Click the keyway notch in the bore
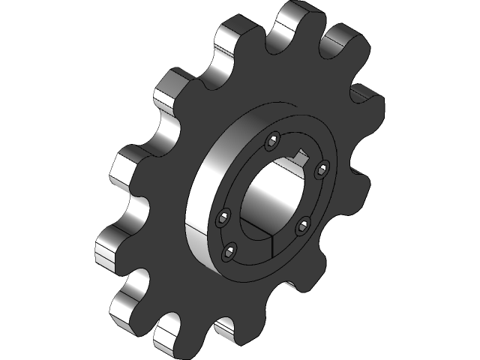[302, 157]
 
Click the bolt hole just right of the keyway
[321, 170]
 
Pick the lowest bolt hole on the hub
[230, 251]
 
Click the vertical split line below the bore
[268, 247]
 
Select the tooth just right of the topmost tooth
[345, 41]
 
